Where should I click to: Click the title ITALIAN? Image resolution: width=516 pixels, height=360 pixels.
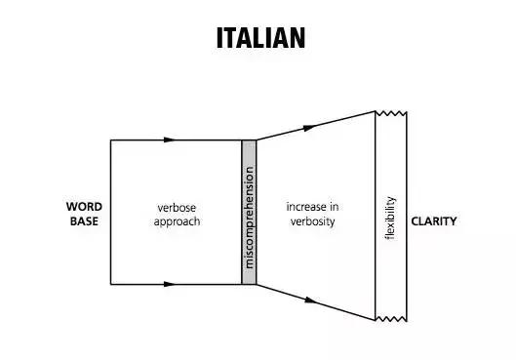pos(261,38)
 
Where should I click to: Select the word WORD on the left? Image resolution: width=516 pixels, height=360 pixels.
pos(84,207)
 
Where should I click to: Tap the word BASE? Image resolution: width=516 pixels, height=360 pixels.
pos(84,221)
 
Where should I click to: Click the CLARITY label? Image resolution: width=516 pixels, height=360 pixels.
pos(434,221)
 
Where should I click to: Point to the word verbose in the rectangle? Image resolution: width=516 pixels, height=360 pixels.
pos(177,208)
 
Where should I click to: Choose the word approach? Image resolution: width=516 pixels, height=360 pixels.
pos(177,221)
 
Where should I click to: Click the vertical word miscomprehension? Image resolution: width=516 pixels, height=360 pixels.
pos(249,218)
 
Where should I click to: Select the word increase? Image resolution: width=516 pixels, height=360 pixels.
pos(303,207)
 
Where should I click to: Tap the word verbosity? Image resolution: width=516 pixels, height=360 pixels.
pos(313,221)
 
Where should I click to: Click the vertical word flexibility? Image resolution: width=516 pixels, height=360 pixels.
pos(390,218)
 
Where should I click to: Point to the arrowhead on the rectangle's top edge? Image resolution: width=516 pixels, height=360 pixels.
pos(170,140)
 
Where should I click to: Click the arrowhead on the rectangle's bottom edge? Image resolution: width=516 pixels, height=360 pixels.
pos(170,284)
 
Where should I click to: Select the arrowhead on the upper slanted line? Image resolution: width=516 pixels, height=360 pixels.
pos(309,128)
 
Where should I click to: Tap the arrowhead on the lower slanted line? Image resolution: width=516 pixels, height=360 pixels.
pos(310,300)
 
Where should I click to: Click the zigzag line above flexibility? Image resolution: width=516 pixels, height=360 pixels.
pos(391,113)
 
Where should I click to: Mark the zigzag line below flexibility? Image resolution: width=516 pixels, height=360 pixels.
pos(391,319)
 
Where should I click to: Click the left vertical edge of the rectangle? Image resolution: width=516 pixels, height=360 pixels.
pos(110,212)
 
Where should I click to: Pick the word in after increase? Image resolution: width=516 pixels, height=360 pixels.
pos(334,207)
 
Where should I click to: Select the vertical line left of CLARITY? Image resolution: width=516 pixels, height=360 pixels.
pos(407,217)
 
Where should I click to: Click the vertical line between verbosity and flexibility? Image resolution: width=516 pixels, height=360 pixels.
pos(376,216)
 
